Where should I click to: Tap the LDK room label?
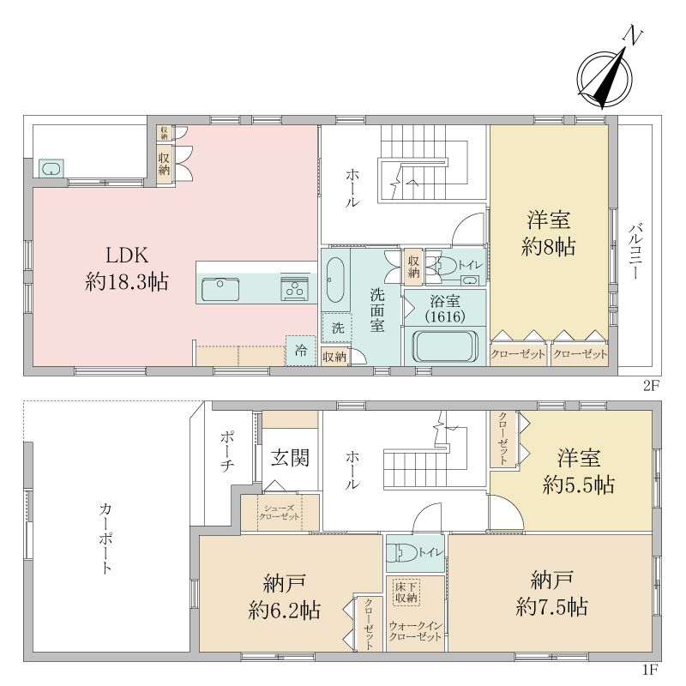pyautogui.click(x=127, y=268)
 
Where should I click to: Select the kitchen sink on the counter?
pyautogui.click(x=220, y=289)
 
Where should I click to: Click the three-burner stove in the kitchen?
pyautogui.click(x=294, y=289)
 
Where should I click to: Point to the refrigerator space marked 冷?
pyautogui.click(x=301, y=351)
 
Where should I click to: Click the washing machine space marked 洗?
pyautogui.click(x=337, y=328)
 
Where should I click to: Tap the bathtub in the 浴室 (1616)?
pyautogui.click(x=445, y=346)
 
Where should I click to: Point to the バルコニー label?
pyautogui.click(x=635, y=251)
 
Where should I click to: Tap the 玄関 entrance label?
pyautogui.click(x=290, y=458)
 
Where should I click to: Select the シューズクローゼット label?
pyautogui.click(x=280, y=512)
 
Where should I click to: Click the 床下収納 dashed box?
pyautogui.click(x=406, y=593)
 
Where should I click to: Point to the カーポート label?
pyautogui.click(x=105, y=539)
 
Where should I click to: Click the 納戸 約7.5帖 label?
pyautogui.click(x=551, y=593)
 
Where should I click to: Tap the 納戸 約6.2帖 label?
pyautogui.click(x=285, y=597)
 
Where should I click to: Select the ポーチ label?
pyautogui.click(x=226, y=452)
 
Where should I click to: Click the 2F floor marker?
pyautogui.click(x=651, y=385)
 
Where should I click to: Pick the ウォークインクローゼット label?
pyautogui.click(x=416, y=631)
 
